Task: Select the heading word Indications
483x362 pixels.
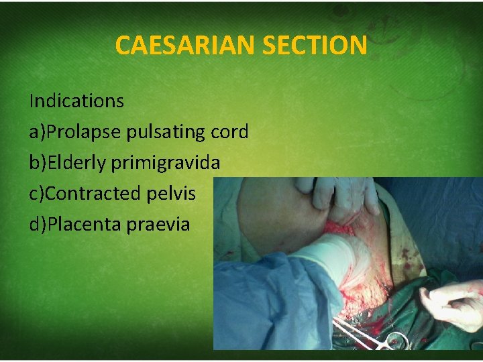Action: coord(76,101)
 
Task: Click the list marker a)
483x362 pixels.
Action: coord(38,132)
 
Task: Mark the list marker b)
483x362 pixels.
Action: coord(38,163)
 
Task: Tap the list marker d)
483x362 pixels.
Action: coord(38,225)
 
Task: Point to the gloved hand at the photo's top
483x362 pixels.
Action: coord(342,194)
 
